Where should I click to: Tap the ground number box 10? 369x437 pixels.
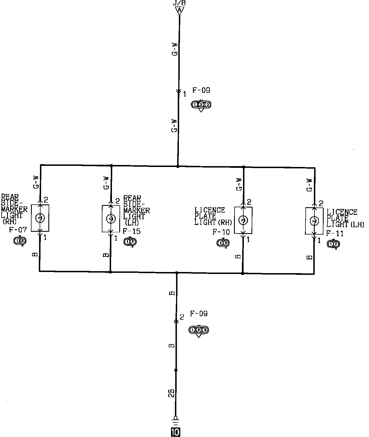[175, 432]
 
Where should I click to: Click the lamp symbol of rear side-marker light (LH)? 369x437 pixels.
[111, 219]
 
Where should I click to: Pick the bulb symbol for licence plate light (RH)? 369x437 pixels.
[243, 220]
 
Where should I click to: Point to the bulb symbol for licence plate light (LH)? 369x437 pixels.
[314, 221]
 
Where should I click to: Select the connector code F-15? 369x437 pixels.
[132, 232]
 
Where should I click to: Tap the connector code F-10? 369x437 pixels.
[221, 232]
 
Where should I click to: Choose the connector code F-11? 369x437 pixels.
[335, 234]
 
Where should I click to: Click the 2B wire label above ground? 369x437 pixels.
[172, 393]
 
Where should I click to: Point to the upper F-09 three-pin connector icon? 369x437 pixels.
[201, 105]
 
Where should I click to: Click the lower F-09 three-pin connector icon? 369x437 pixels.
[199, 330]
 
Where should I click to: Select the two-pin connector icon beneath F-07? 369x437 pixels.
[20, 241]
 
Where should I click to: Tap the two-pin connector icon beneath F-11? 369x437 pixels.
[333, 244]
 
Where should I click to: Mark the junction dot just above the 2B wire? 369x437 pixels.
[176, 370]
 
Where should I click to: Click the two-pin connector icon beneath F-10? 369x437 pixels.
[223, 243]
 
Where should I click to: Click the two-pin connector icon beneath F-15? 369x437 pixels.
[130, 242]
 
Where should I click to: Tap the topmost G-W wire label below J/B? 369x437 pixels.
[175, 50]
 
